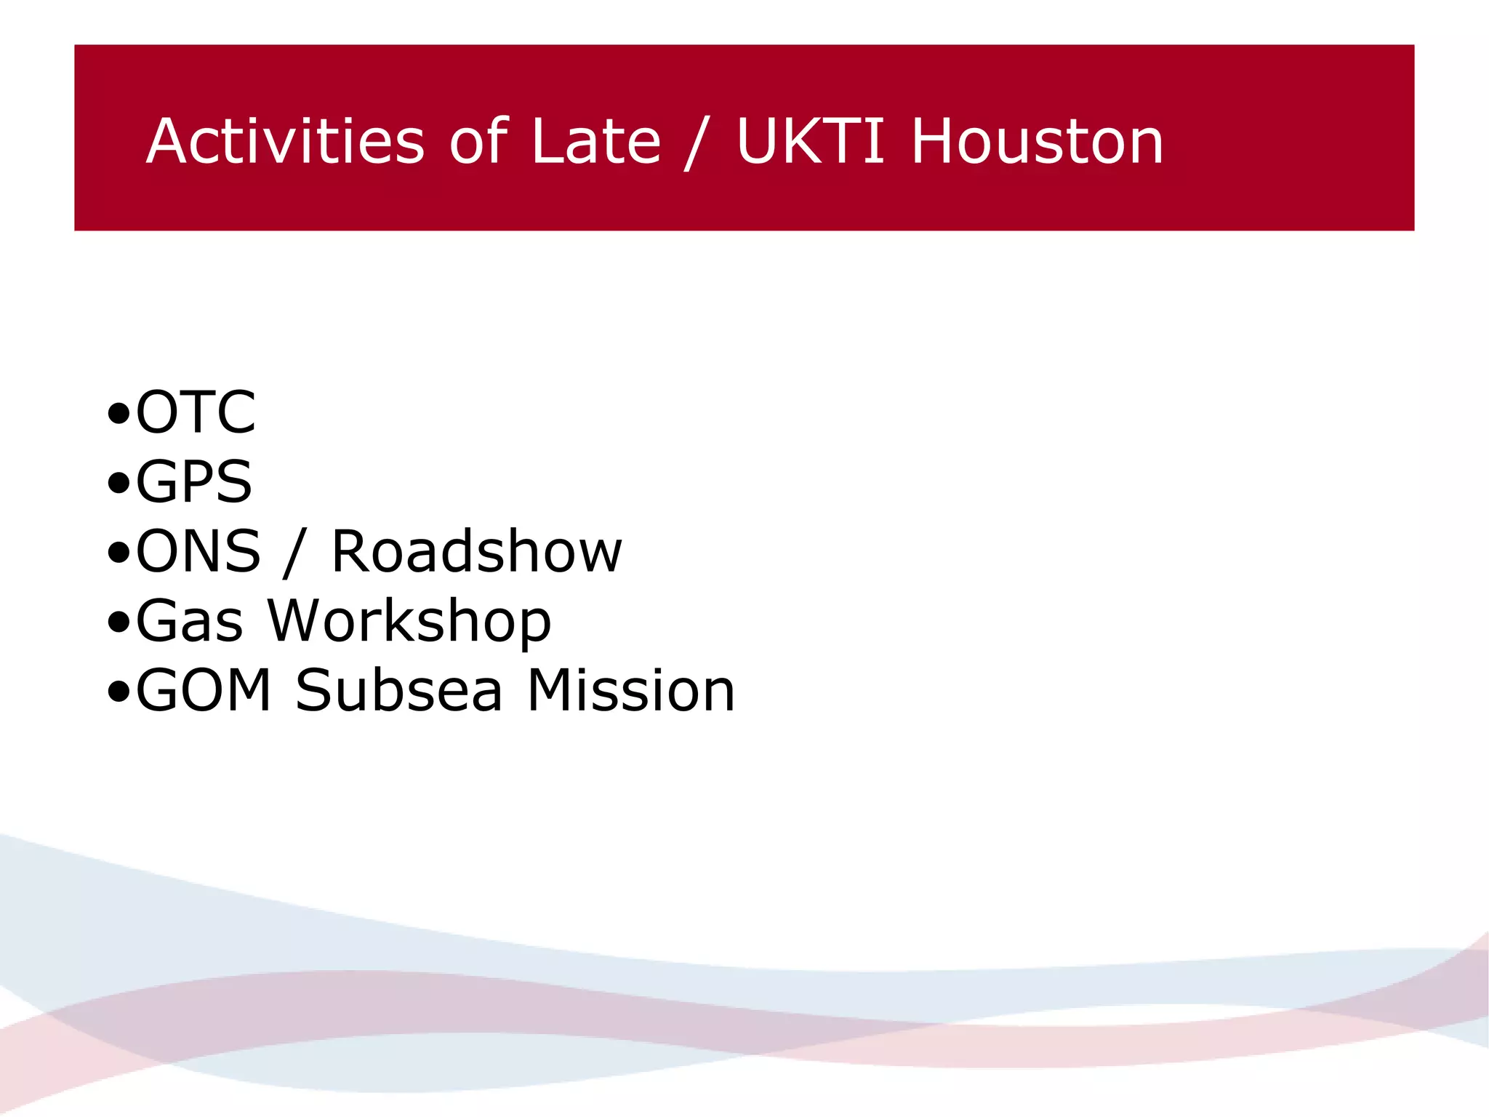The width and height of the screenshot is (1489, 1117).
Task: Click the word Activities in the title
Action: pyautogui.click(x=285, y=141)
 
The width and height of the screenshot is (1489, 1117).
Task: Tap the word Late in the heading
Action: pyautogui.click(x=595, y=141)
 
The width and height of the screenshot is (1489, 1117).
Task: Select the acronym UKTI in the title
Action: pyautogui.click(x=809, y=141)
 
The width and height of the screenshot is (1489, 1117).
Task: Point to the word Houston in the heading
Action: pyautogui.click(x=1037, y=141)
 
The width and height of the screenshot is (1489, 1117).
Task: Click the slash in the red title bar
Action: pyautogui.click(x=696, y=143)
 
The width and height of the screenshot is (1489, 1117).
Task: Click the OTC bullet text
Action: pyautogui.click(x=196, y=412)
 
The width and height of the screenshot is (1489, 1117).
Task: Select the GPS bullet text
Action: pyautogui.click(x=194, y=481)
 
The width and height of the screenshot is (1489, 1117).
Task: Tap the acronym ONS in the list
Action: pyautogui.click(x=198, y=551)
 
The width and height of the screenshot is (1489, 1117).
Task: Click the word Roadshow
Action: pyautogui.click(x=476, y=551)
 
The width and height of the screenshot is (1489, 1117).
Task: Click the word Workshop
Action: pyautogui.click(x=409, y=622)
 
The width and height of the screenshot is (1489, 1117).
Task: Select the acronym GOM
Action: pyautogui.click(x=204, y=690)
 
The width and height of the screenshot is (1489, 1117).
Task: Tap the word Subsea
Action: pyautogui.click(x=398, y=690)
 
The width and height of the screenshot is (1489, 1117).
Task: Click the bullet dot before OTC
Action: pyautogui.click(x=118, y=415)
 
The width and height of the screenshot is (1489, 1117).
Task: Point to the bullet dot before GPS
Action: pyautogui.click(x=118, y=484)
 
